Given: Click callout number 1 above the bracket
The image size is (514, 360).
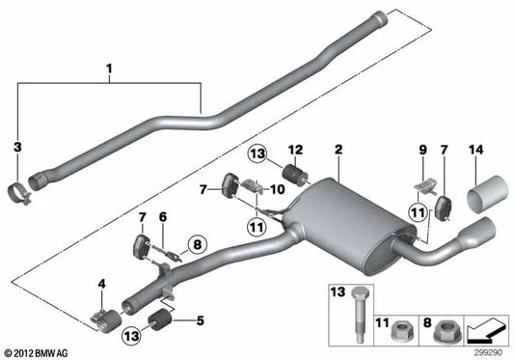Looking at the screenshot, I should pyautogui.click(x=109, y=69).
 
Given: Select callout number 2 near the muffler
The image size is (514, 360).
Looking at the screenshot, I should pyautogui.click(x=338, y=152).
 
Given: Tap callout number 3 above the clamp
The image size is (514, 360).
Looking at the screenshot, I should pyautogui.click(x=15, y=146).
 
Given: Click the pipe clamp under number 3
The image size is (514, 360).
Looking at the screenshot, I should pyautogui.click(x=27, y=188).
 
